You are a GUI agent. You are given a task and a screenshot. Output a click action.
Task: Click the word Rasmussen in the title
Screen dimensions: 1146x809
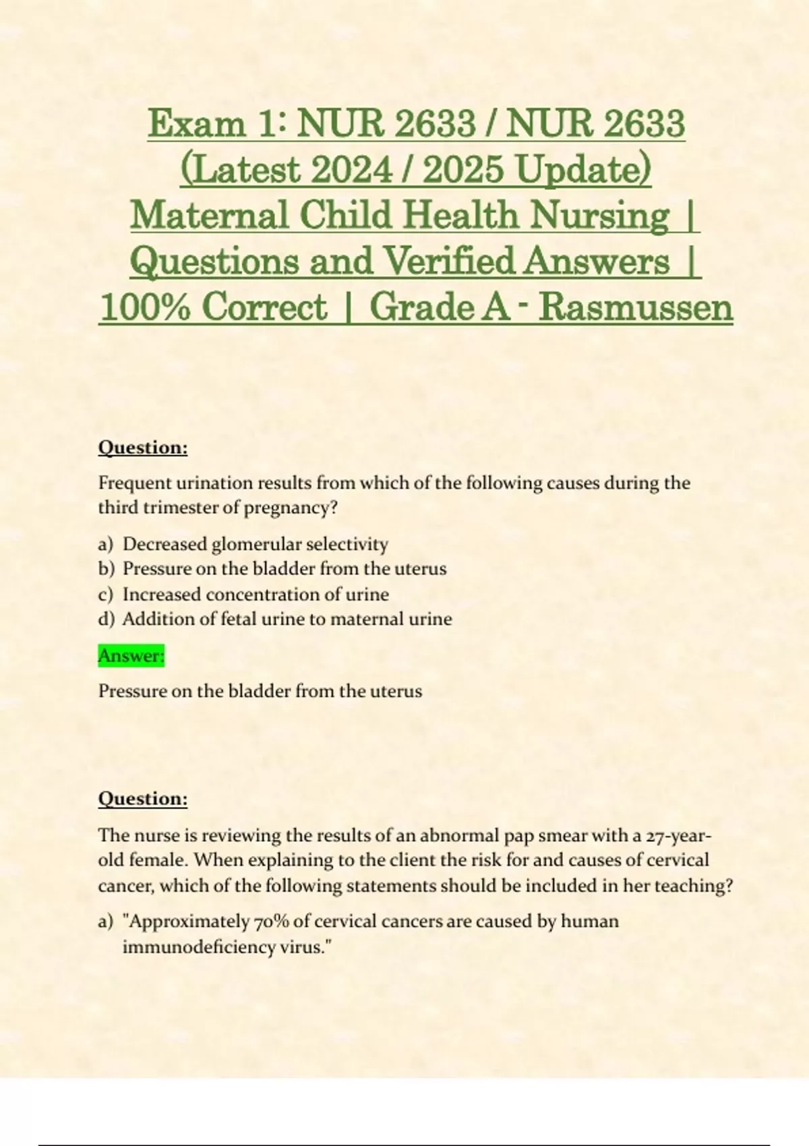[x=636, y=307]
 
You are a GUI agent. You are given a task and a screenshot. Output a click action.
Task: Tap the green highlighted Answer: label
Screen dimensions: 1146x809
[x=131, y=655]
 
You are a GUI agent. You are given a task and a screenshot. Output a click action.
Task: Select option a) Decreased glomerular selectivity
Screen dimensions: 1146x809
[x=255, y=544]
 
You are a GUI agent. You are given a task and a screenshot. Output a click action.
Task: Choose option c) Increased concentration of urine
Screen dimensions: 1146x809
[x=255, y=595]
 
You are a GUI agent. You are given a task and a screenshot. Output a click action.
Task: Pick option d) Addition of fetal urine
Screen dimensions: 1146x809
[x=287, y=619]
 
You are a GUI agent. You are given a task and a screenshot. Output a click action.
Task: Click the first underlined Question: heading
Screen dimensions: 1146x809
[x=143, y=448]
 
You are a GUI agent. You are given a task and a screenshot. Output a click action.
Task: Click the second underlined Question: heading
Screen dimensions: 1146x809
[x=143, y=799]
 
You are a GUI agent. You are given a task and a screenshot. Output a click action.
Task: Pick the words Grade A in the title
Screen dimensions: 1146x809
[x=439, y=307]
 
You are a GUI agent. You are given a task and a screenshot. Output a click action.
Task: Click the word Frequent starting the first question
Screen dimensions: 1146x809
[x=135, y=483]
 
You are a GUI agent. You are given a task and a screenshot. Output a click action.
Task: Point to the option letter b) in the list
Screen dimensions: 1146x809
[x=107, y=569]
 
